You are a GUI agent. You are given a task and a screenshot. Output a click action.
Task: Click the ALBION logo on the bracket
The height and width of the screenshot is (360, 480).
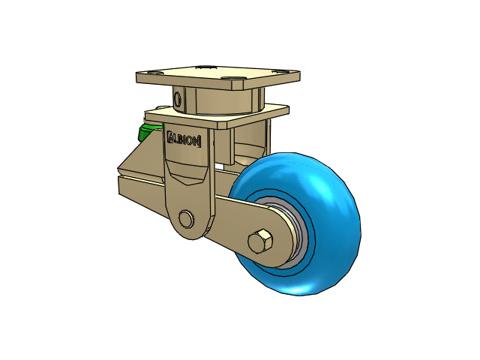(x=184, y=139)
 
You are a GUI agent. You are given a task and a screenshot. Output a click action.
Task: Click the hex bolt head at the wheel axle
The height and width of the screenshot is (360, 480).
(x=260, y=241)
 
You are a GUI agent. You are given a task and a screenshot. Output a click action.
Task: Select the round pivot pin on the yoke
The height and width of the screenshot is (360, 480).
(x=186, y=218)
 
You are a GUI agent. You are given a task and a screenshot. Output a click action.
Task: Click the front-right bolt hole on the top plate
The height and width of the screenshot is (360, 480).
(x=232, y=78)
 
